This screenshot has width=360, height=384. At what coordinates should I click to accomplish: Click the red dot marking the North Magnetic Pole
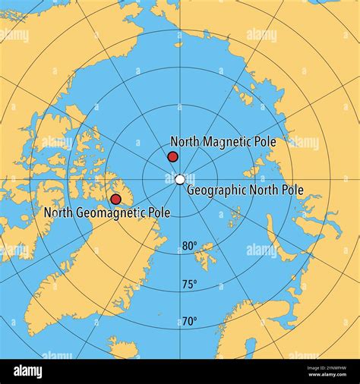[172, 157]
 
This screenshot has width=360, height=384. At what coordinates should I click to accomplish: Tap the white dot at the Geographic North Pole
[179, 180]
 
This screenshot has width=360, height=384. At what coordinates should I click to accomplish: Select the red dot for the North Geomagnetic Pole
[115, 199]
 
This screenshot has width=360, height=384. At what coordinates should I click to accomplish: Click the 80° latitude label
[189, 246]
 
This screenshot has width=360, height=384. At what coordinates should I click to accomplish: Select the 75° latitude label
[189, 284]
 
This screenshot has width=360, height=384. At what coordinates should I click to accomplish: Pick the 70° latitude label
[189, 321]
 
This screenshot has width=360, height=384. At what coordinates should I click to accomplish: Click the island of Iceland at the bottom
[123, 348]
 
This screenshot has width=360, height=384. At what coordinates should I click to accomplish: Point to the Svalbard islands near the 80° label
[205, 257]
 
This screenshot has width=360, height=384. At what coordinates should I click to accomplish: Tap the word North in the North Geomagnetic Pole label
[58, 212]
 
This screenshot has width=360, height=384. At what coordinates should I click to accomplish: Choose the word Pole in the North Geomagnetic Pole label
[159, 212]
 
